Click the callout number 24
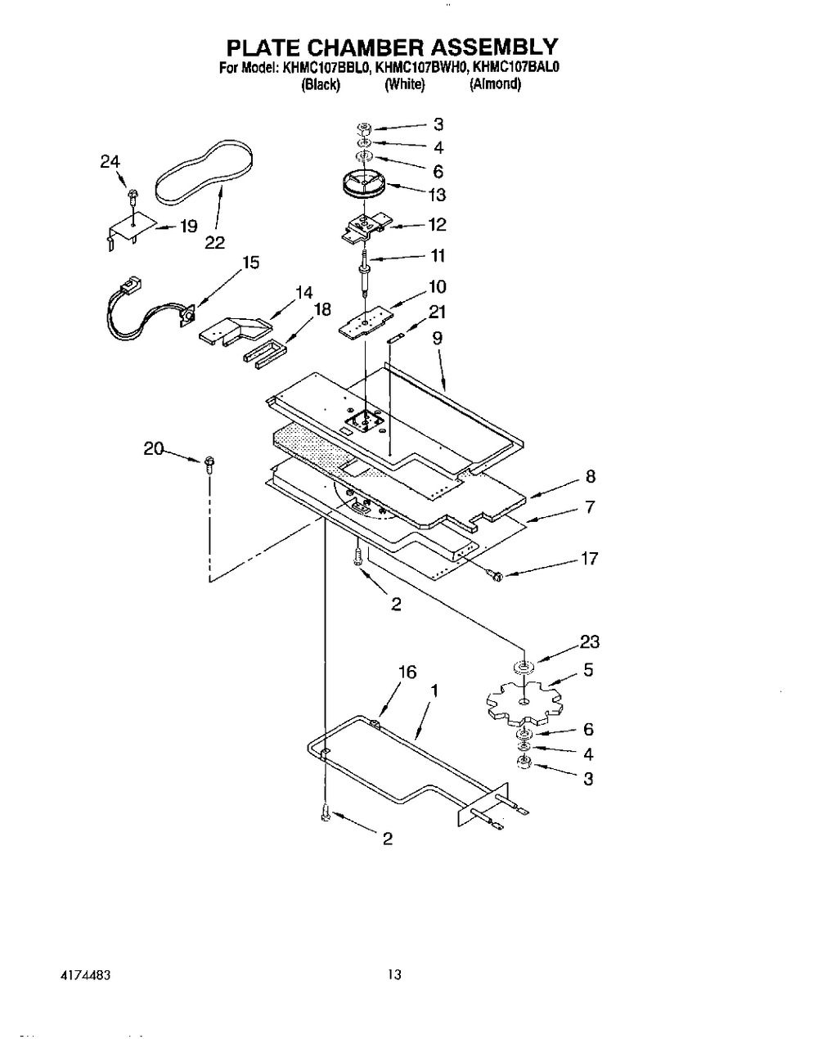pyautogui.click(x=110, y=162)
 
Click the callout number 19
pyautogui.click(x=189, y=227)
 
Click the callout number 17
pyautogui.click(x=588, y=559)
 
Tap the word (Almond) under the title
pyautogui.click(x=495, y=83)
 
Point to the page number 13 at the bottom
pyautogui.click(x=395, y=974)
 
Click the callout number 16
pyautogui.click(x=407, y=672)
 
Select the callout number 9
pyautogui.click(x=438, y=335)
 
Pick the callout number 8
pyautogui.click(x=591, y=477)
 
